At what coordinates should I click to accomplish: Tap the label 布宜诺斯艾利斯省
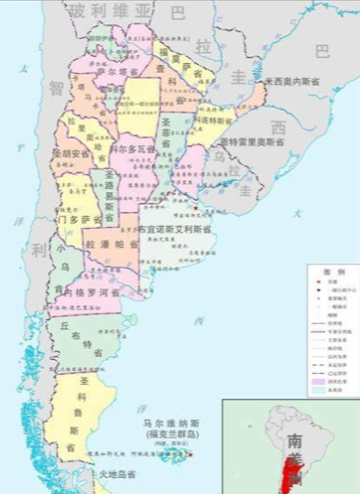click(x=177, y=229)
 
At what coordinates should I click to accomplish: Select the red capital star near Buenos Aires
click(x=193, y=208)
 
